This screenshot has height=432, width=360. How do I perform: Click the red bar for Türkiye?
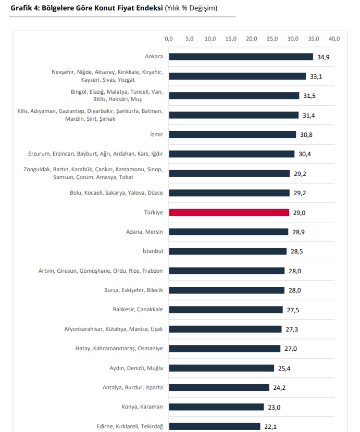[x=229, y=212]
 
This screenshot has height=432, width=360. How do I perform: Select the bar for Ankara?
[x=241, y=57]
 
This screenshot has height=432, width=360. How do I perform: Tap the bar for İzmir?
[x=232, y=134]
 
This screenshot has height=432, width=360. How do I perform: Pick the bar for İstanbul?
[x=228, y=251]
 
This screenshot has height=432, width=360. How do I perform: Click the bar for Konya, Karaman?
[x=216, y=406]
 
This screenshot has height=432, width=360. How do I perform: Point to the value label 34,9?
[x=324, y=57]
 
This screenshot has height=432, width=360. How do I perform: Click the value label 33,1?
[x=316, y=77]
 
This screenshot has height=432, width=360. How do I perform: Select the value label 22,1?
[x=270, y=426]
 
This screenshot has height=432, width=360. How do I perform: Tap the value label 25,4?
[x=284, y=368]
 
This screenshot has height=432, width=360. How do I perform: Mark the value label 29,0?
[x=299, y=212]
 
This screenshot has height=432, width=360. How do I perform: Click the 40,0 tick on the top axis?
[x=334, y=39]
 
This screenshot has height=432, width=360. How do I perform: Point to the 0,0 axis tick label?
[x=169, y=39]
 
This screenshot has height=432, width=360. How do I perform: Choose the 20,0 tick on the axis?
[x=252, y=39]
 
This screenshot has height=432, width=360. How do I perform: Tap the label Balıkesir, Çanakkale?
[x=138, y=309]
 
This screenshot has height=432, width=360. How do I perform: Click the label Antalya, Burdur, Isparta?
[x=133, y=387]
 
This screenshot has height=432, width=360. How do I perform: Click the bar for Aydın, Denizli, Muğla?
[x=221, y=368]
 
